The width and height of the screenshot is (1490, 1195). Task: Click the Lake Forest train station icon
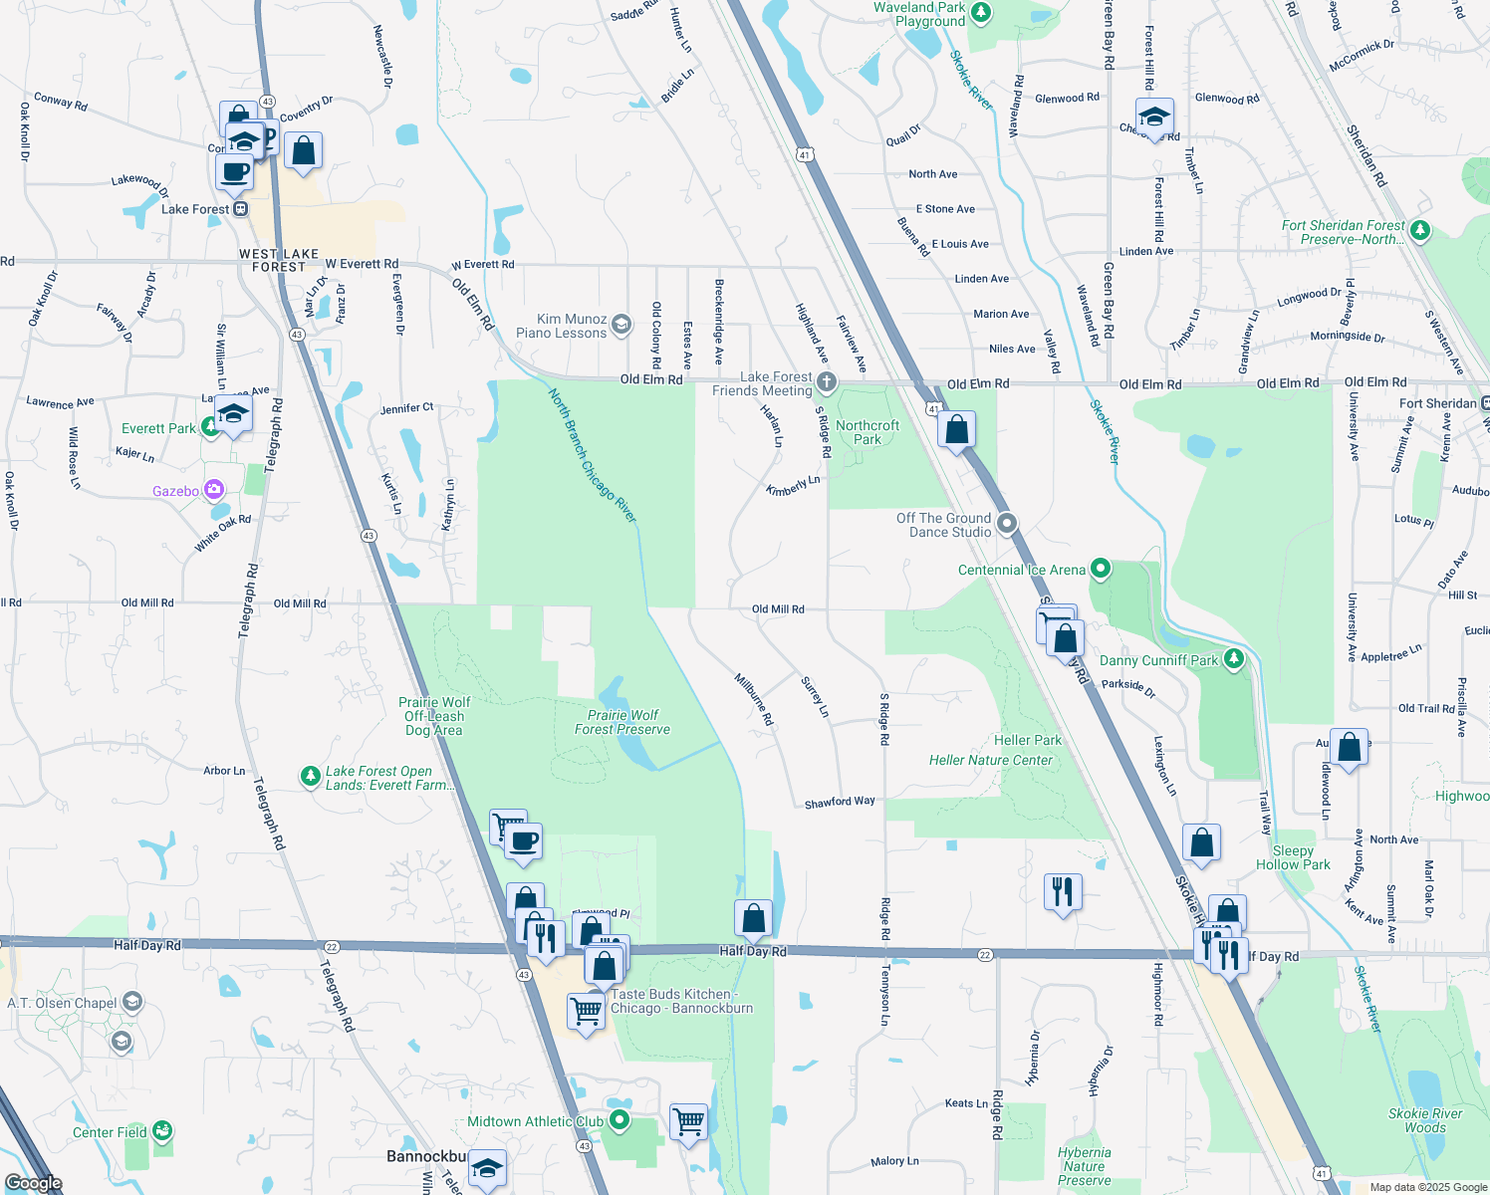[x=240, y=209]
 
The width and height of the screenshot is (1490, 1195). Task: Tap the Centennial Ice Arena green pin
[x=1101, y=569]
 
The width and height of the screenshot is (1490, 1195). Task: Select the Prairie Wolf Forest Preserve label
[x=622, y=722]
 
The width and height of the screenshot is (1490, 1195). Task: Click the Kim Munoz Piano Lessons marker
[x=621, y=325]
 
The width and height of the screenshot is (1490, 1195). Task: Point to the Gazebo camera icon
[x=213, y=489]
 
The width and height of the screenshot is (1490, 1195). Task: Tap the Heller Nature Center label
[x=990, y=760]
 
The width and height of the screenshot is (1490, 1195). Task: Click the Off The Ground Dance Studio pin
[x=1007, y=523]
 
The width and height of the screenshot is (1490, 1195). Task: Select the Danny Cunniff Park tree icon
[x=1234, y=658]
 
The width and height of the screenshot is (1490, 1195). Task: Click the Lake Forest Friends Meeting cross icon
[x=826, y=382]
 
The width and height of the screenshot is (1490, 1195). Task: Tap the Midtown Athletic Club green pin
[x=620, y=1120]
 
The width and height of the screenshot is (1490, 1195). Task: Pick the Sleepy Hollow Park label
[x=1293, y=857]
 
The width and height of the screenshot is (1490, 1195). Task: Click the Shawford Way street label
[x=840, y=802]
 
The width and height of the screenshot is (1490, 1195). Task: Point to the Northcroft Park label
[x=868, y=432]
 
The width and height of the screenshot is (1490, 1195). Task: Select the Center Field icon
[x=162, y=1131]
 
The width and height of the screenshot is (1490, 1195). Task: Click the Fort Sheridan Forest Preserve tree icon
[x=1420, y=231]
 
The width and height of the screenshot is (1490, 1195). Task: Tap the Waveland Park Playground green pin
[x=981, y=13]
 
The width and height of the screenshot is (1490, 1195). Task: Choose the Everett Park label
[x=158, y=428]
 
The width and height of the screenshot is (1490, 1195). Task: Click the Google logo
[x=34, y=1183]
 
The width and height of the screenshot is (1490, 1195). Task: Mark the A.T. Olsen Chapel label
[x=62, y=1003]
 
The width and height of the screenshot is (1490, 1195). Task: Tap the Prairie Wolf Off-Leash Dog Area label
[x=434, y=716]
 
